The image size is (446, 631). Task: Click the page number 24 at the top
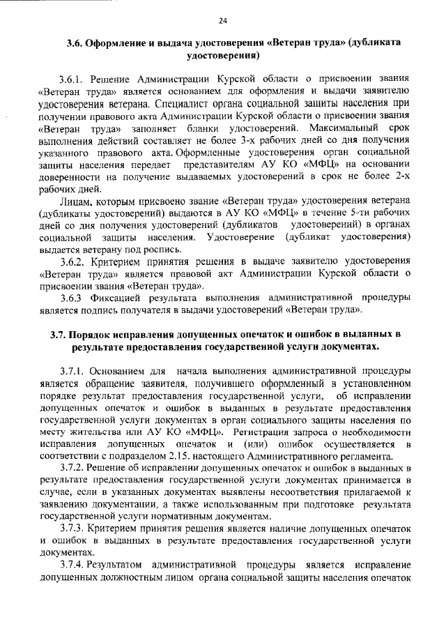[222, 20]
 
